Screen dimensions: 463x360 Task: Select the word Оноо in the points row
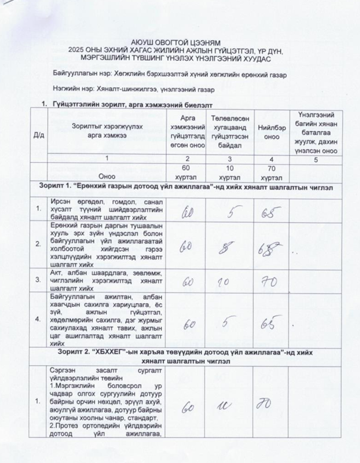107,176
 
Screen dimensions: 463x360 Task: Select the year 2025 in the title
79,51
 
